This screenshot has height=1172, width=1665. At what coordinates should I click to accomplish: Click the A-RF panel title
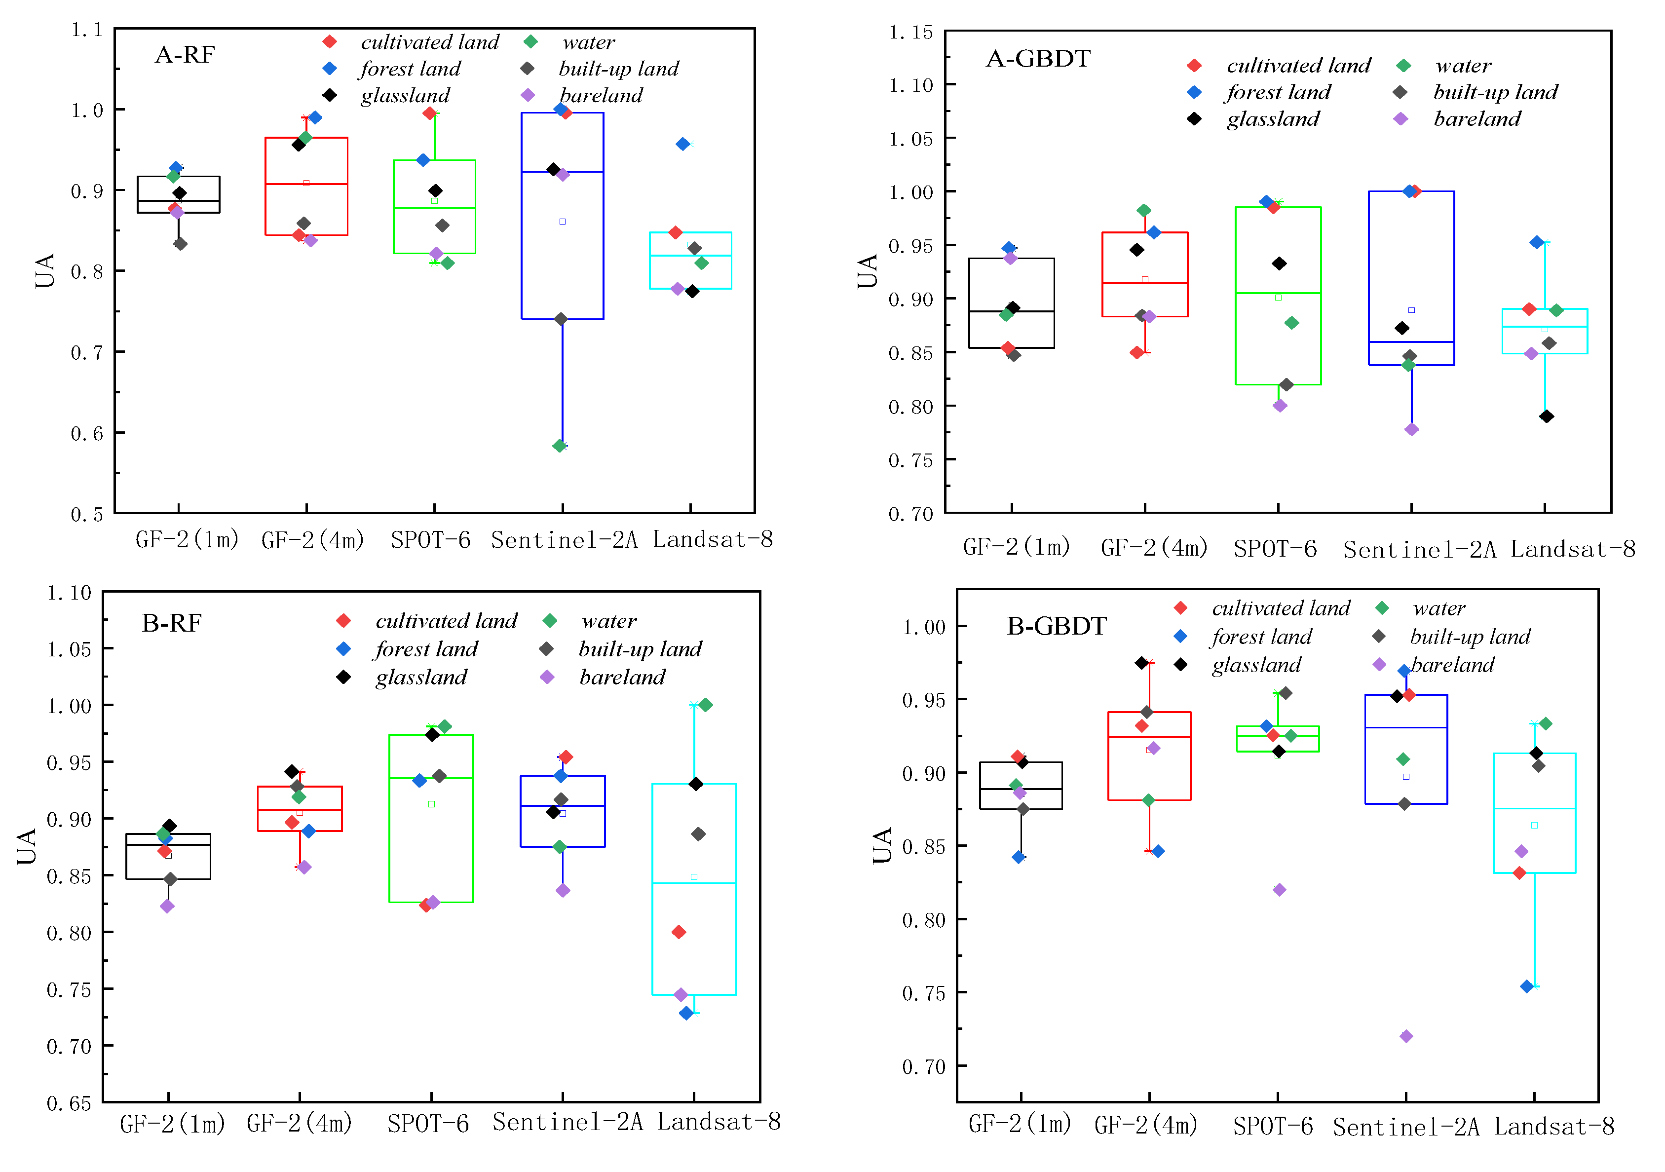pos(185,54)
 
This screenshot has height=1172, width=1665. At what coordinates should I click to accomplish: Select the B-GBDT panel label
pos(1057,626)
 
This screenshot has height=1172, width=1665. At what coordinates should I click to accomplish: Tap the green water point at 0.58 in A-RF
pos(559,446)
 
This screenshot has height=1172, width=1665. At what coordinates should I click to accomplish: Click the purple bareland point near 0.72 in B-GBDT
pos(1406,1036)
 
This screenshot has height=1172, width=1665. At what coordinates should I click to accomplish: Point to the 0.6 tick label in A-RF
pos(87,434)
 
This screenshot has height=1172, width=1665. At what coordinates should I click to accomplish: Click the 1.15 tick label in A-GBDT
pos(911,33)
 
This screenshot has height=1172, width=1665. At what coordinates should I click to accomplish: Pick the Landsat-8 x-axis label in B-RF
pos(719,1122)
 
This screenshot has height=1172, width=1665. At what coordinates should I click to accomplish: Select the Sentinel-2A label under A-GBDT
pos(1420,550)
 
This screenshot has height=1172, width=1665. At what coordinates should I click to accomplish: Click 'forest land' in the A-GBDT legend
pos(1279,92)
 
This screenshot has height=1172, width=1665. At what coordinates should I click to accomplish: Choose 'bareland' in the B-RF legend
pos(622,678)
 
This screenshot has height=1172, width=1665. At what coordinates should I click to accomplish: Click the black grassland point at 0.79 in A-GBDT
pos(1546,416)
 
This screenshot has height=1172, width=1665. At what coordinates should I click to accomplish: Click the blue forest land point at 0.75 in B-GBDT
pos(1526,986)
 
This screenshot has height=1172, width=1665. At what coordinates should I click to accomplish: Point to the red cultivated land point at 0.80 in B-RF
pos(679,932)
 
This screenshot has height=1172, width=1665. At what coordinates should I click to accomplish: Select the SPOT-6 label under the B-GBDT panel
pos(1273,1126)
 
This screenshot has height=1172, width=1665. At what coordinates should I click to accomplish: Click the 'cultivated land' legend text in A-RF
pos(430,42)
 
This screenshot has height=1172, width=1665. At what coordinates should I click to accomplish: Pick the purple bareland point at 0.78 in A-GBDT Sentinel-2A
pos(1411,429)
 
